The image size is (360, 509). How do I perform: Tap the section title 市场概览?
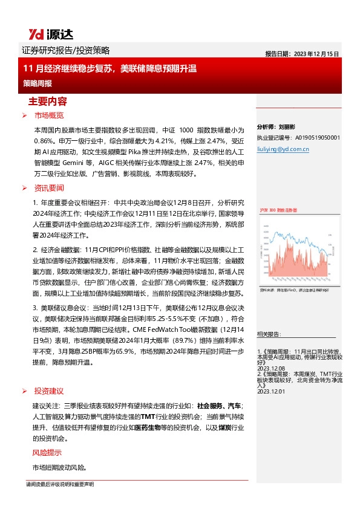[x=49, y=115]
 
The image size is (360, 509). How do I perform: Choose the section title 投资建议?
[x=49, y=391]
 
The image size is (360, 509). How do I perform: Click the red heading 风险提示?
[x=47, y=453]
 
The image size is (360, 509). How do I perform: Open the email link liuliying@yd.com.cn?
[x=282, y=147]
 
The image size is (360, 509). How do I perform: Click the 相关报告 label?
[x=268, y=334]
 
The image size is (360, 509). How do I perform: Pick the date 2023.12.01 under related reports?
[x=270, y=391]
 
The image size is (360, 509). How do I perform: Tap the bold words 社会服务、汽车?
[x=219, y=405]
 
